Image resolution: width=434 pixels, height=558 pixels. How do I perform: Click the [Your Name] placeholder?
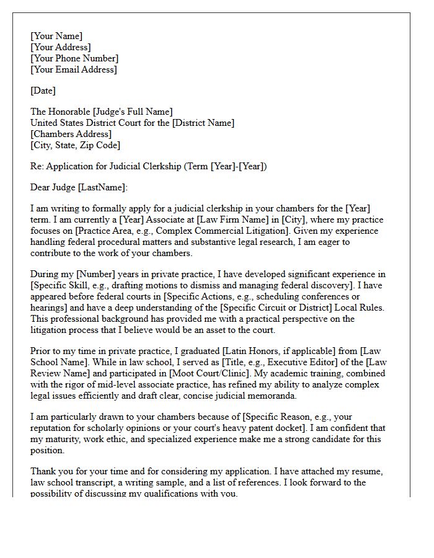[56, 36]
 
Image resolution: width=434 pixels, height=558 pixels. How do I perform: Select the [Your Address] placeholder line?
[61, 47]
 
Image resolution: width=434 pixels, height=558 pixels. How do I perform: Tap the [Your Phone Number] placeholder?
[74, 58]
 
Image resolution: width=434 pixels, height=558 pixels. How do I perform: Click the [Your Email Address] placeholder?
[73, 69]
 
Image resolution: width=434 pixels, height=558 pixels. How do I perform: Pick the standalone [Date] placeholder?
[43, 91]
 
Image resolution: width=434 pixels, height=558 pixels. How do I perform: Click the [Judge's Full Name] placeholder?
[132, 112]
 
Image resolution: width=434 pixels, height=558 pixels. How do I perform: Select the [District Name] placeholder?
[203, 123]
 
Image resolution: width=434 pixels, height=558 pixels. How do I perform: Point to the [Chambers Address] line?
[71, 134]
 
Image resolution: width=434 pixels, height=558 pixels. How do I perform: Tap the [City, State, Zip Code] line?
[75, 145]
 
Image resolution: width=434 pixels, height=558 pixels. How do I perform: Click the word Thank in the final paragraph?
[43, 471]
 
